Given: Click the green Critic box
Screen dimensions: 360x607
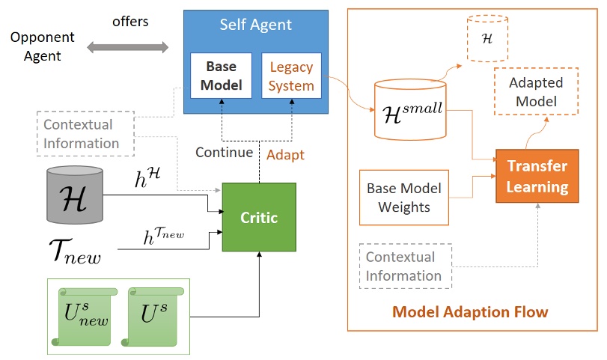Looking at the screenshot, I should tap(259, 218).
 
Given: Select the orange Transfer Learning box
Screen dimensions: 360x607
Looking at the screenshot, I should tap(537, 176).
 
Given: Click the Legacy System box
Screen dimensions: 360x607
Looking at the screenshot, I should tap(291, 76).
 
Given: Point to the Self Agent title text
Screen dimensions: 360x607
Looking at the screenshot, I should tap(255, 25).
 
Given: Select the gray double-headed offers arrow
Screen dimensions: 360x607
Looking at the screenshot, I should tap(128, 48).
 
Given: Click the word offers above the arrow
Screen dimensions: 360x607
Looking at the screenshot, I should tap(130, 22).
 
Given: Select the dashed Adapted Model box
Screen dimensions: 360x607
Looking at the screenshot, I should tap(536, 91).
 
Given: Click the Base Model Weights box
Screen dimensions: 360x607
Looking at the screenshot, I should tap(403, 198).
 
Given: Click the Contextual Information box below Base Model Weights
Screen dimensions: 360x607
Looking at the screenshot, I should tap(403, 266).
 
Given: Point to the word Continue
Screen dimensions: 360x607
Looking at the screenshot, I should tap(225, 153).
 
